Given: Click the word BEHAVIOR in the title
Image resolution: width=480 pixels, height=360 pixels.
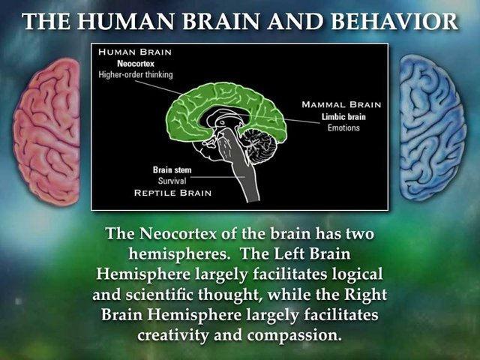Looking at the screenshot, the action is [x=394, y=21].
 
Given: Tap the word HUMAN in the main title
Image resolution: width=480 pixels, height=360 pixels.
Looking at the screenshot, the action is [x=125, y=21].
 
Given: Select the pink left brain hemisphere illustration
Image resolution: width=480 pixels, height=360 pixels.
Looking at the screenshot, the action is [x=46, y=132].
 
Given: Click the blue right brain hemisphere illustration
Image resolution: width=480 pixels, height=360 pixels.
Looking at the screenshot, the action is [x=433, y=127].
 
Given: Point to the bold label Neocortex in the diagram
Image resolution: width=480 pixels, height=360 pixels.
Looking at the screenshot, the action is [x=136, y=64].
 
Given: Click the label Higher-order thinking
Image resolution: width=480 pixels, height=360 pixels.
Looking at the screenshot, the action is [x=136, y=74].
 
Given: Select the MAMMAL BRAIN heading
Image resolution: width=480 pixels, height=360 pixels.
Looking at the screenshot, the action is [x=341, y=105].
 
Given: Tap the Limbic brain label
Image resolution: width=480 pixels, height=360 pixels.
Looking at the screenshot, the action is [x=343, y=117].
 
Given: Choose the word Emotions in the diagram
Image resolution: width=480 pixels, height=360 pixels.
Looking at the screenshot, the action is [x=343, y=127].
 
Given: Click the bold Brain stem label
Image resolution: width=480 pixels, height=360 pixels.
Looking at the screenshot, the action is [x=172, y=170].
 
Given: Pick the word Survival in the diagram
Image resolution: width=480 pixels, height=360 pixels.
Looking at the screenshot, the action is [x=172, y=181].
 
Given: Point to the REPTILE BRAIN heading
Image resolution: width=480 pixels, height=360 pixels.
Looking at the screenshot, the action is [x=172, y=193].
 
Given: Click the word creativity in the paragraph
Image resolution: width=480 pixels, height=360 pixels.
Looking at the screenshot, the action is [x=173, y=335].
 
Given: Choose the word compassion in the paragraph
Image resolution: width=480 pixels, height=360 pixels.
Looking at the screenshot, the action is [x=294, y=335].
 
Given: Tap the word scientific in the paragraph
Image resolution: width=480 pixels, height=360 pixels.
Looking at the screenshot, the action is [x=160, y=295].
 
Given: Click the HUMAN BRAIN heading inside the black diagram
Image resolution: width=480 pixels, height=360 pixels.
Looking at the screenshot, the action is [x=135, y=52].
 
